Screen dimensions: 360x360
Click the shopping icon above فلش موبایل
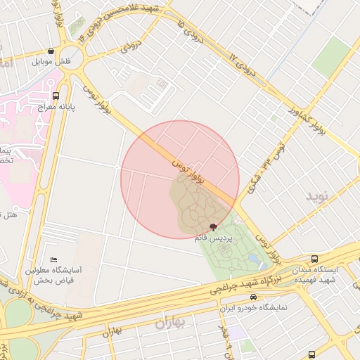[51, 51]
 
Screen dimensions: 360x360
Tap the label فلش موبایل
[51, 62]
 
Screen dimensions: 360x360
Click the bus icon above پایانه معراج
[56, 96]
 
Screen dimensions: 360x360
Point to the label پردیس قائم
[214, 239]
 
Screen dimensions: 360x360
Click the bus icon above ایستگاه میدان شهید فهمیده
[314, 259]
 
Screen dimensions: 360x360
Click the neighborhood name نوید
[317, 196]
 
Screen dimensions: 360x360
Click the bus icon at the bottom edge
[311, 355]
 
